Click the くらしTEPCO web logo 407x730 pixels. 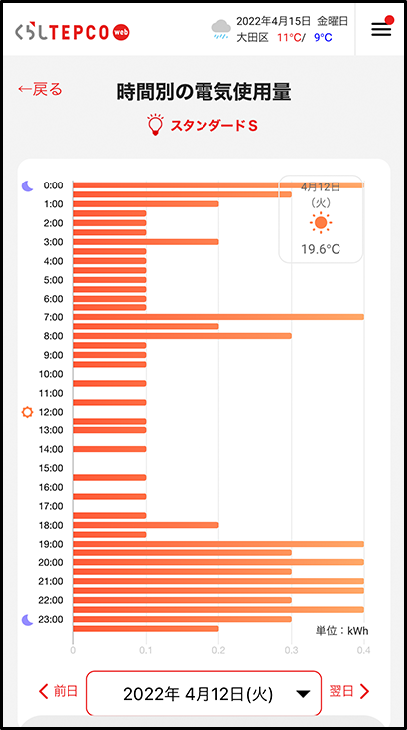click(x=72, y=32)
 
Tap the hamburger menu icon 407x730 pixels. click(x=381, y=30)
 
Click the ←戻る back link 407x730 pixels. click(x=40, y=89)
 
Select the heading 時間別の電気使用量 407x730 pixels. click(x=203, y=92)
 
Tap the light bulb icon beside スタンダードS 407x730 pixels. click(x=155, y=125)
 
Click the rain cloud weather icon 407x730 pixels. click(x=221, y=29)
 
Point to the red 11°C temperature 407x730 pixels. click(x=289, y=38)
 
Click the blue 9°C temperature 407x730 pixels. click(x=323, y=38)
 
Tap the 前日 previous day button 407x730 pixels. click(x=59, y=691)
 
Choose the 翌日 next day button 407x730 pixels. click(x=349, y=691)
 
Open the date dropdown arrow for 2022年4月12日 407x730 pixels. click(x=303, y=694)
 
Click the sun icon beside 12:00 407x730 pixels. click(x=28, y=412)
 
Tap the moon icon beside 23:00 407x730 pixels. click(x=28, y=619)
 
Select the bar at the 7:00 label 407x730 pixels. click(x=218, y=317)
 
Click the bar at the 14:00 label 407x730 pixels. click(x=109, y=449)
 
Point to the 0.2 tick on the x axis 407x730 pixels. click(x=218, y=650)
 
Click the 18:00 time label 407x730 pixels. click(x=51, y=525)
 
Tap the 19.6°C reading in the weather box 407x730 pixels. click(x=321, y=249)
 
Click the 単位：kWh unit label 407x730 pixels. click(x=342, y=631)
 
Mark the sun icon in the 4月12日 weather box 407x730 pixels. click(x=321, y=223)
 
